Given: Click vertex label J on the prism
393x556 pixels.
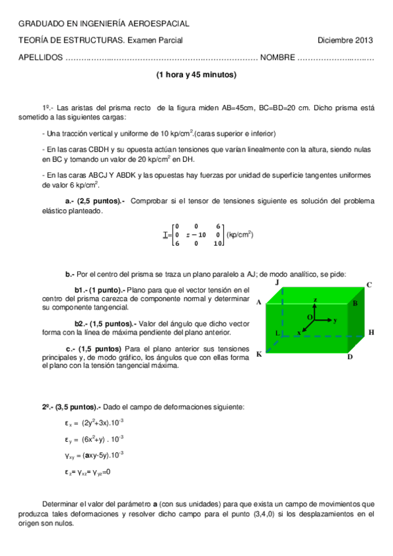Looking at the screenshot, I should [x=278, y=281].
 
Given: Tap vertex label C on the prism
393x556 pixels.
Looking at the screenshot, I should [x=369, y=285].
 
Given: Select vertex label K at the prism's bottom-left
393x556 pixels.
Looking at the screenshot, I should [x=259, y=354].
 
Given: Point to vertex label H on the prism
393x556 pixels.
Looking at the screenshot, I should [x=371, y=332].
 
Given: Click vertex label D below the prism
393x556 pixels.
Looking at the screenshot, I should [x=350, y=357].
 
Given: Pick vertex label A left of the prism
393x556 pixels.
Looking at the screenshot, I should [x=259, y=302].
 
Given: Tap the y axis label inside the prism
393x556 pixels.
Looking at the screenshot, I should [x=335, y=320].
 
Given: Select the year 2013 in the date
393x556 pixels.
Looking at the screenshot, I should [x=363, y=40].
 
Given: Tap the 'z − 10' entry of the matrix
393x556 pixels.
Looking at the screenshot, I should [x=196, y=234].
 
